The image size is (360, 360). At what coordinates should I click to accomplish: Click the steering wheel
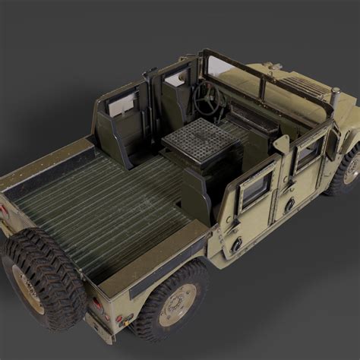(x=206, y=99)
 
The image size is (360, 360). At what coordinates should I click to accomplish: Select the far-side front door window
(x=177, y=77)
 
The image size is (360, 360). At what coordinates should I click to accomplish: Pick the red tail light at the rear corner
(x=98, y=305)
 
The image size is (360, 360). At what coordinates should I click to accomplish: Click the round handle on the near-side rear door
(x=289, y=204)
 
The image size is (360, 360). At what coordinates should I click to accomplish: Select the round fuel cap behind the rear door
(x=236, y=244)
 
